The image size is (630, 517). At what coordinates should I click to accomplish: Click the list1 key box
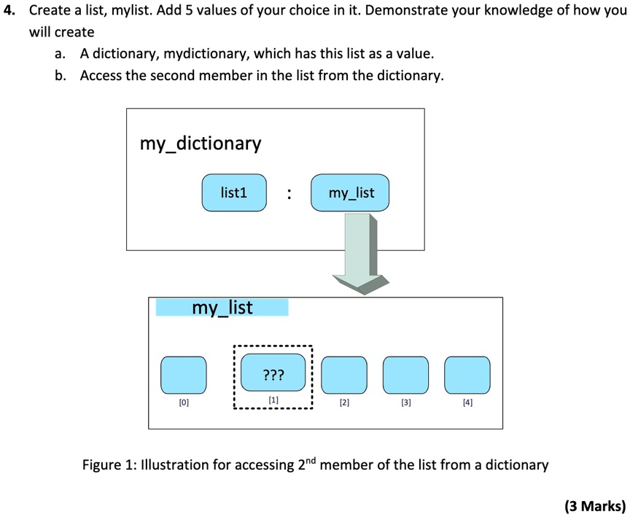tap(234, 193)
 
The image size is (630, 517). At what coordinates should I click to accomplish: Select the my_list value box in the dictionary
tap(351, 193)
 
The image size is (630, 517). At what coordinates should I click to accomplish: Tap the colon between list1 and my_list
tap(289, 194)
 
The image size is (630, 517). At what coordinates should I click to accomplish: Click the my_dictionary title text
tap(200, 144)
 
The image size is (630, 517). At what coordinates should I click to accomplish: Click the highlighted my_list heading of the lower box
tap(222, 308)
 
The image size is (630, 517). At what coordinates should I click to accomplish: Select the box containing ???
tap(273, 375)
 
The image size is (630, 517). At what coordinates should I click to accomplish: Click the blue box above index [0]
tap(183, 375)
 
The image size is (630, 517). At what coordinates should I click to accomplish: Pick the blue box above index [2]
tap(344, 375)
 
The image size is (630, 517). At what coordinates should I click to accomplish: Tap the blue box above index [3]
tap(405, 375)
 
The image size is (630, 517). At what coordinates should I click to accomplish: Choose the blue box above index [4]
tap(467, 375)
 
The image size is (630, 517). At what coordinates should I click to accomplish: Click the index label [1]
tap(273, 400)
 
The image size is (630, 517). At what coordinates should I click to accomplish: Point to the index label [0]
tap(183, 403)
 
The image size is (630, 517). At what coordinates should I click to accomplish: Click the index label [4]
tap(467, 403)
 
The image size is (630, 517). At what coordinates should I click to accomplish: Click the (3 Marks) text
tap(594, 505)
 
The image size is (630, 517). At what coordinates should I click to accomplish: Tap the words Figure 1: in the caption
tap(109, 465)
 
